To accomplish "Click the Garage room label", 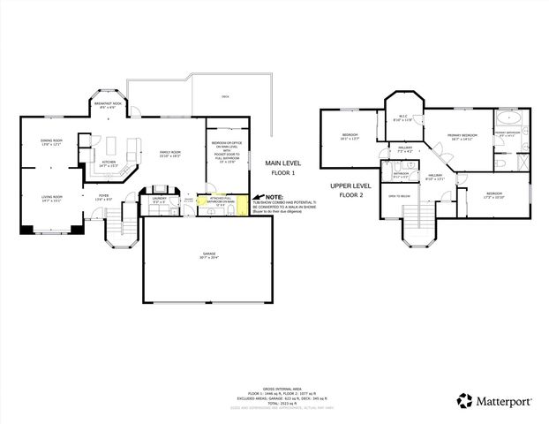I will coord(208,254).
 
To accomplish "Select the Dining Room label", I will coord(52,142).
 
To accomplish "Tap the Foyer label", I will coord(103,198).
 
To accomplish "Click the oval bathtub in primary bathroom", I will coord(510,117).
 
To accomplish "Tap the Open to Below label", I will coord(400,196).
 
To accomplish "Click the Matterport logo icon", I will coord(464,401).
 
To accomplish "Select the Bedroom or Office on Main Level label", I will coord(227,148).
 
